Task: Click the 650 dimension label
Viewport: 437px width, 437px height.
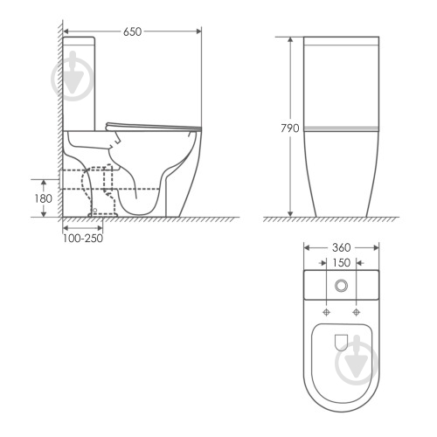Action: point(132,31)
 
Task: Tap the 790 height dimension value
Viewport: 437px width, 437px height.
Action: point(290,128)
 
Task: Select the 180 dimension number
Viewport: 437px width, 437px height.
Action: point(44,198)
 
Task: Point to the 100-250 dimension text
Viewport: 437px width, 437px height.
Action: point(83,239)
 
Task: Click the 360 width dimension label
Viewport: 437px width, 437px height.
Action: point(341,247)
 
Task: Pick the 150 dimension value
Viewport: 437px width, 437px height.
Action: point(341,263)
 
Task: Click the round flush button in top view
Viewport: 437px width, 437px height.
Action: point(341,286)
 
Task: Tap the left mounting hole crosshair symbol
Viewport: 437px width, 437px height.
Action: point(327,312)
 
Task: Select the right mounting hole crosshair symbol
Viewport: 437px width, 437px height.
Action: point(356,312)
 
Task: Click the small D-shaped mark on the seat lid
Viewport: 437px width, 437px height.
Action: point(341,343)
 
